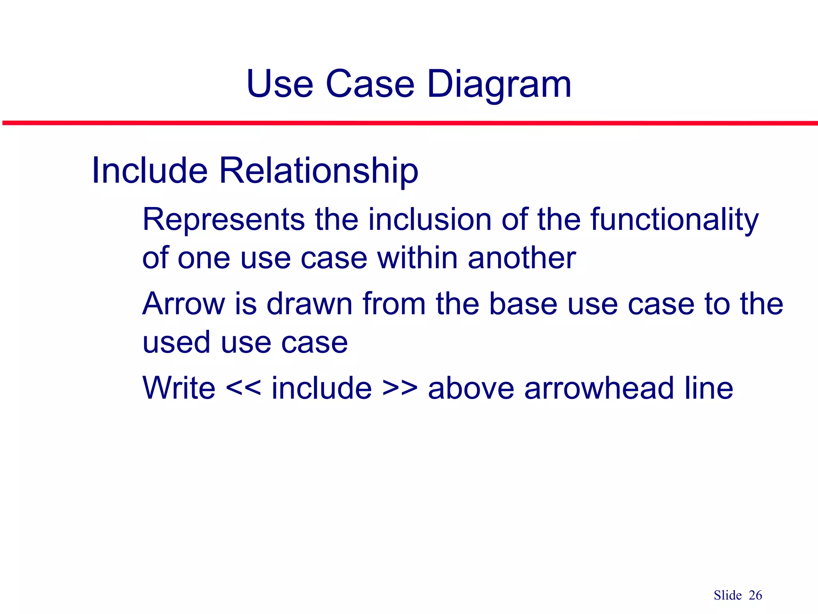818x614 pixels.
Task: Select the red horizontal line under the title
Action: [409, 123]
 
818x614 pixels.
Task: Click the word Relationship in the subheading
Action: [318, 171]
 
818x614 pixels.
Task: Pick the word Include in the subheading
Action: [149, 171]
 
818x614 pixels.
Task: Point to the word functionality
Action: [674, 220]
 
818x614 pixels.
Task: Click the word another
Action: [522, 258]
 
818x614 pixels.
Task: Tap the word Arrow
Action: [183, 304]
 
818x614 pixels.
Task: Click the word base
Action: [523, 304]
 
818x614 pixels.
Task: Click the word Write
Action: [179, 388]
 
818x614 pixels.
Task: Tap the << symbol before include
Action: [244, 388]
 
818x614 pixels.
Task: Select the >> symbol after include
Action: [400, 388]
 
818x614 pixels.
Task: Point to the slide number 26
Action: [755, 595]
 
